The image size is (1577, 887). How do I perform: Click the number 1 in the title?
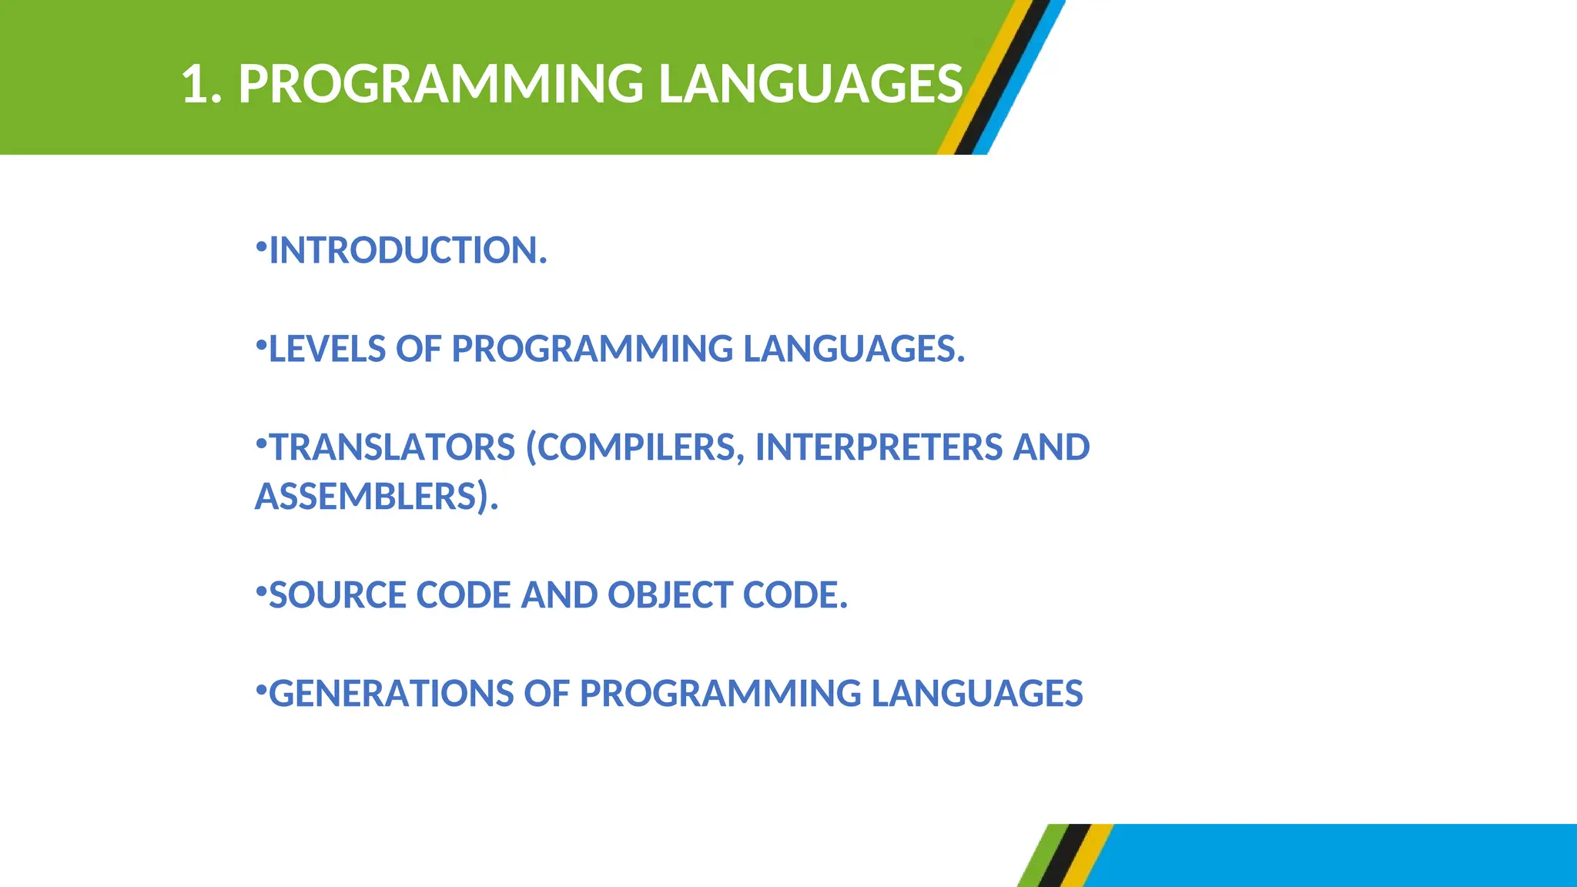[x=194, y=84]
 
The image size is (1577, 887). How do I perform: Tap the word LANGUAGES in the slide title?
[x=810, y=84]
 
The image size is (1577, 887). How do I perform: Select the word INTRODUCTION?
[x=407, y=251]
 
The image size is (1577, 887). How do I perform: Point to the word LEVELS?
[x=327, y=350]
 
